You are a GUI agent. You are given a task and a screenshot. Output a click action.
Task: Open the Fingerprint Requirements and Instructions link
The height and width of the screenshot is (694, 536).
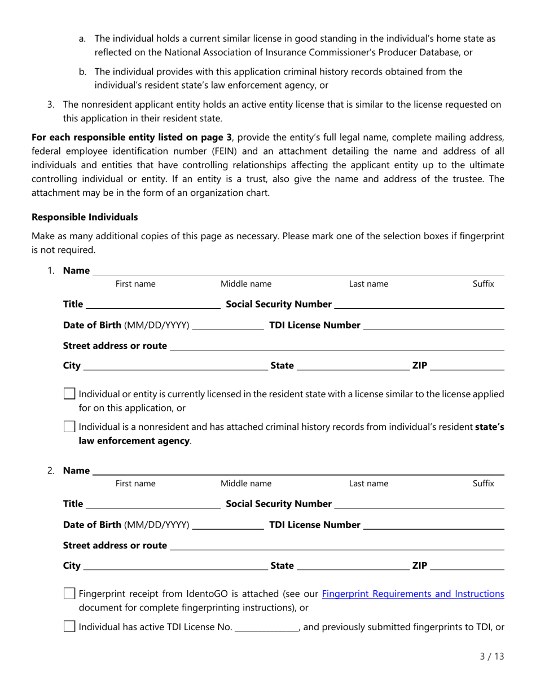pyautogui.click(x=412, y=594)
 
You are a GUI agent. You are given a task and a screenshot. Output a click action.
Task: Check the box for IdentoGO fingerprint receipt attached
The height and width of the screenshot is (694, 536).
pyautogui.click(x=69, y=594)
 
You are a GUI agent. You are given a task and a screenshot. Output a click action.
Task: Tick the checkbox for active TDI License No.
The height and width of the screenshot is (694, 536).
pyautogui.click(x=69, y=626)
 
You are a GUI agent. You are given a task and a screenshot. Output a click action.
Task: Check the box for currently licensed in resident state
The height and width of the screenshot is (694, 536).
pyautogui.click(x=69, y=394)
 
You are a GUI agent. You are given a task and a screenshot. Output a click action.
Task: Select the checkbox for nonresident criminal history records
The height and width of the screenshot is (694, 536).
pyautogui.click(x=69, y=427)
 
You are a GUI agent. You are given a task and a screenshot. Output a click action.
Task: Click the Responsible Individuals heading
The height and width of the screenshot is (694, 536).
pyautogui.click(x=85, y=217)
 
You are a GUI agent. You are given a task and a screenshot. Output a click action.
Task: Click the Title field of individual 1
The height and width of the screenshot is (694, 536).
pyautogui.click(x=152, y=305)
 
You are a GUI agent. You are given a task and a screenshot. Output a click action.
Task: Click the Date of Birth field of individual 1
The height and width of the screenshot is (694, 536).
pyautogui.click(x=229, y=326)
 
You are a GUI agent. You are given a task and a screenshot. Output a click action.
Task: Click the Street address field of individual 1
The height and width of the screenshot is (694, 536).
pyautogui.click(x=336, y=346)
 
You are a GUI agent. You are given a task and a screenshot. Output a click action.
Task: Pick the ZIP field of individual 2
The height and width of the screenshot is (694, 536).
pyautogui.click(x=467, y=566)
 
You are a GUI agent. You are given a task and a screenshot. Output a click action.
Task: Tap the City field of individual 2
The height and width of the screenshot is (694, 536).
pyautogui.click(x=175, y=566)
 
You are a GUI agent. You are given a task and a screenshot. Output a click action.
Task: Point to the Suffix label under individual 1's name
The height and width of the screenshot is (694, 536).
pyautogui.click(x=483, y=284)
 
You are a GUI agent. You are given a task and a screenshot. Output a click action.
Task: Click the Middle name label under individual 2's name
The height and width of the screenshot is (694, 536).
pyautogui.click(x=245, y=484)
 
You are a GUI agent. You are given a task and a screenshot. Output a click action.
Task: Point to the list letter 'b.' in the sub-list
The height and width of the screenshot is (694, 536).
pyautogui.click(x=82, y=72)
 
